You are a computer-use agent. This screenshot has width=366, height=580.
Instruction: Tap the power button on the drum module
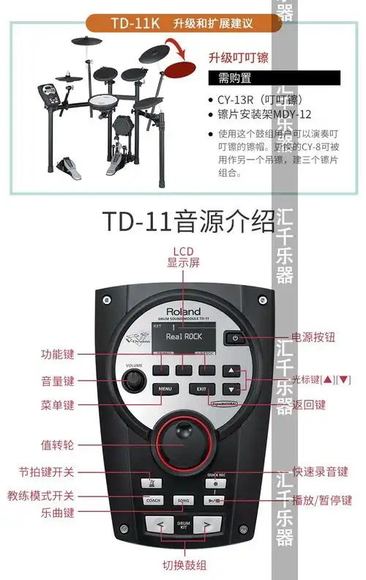tap(235, 338)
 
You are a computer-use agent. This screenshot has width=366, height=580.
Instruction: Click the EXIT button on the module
tap(200, 389)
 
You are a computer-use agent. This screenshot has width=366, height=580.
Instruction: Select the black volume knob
tap(134, 380)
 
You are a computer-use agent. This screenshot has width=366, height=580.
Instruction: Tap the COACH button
tap(153, 500)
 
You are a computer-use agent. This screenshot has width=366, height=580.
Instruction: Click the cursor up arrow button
tap(231, 371)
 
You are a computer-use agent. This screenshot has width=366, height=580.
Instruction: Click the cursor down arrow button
tap(231, 389)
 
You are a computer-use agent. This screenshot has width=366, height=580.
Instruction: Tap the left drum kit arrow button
tap(157, 524)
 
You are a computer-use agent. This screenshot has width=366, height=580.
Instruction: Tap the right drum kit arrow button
tap(207, 524)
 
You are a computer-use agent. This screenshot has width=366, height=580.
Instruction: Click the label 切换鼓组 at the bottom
tap(184, 565)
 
